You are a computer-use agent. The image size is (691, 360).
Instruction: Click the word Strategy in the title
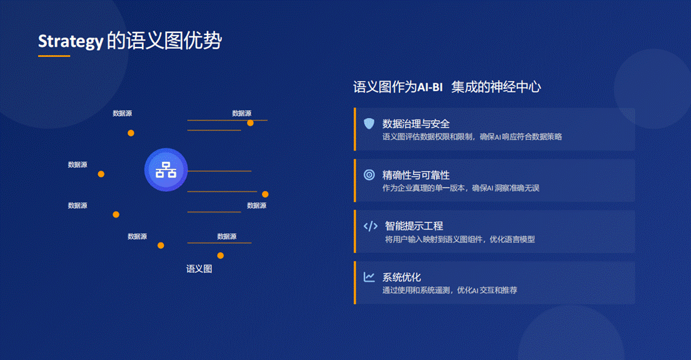[71, 41]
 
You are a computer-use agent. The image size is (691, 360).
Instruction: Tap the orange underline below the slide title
[54, 56]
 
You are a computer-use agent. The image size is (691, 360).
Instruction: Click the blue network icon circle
[166, 169]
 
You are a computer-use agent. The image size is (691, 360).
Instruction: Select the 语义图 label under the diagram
[199, 269]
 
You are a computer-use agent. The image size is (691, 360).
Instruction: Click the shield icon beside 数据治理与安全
[369, 123]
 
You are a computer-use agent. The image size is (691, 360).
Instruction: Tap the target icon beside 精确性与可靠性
[370, 175]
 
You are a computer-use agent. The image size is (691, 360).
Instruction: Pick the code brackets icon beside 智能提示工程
[370, 226]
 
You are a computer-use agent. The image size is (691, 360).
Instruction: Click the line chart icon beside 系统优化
[370, 277]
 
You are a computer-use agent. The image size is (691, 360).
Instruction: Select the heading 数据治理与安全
[416, 124]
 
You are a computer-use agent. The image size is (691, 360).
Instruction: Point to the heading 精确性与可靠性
[416, 175]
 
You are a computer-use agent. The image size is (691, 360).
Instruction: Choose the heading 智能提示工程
[414, 226]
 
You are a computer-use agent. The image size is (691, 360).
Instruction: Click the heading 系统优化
[401, 277]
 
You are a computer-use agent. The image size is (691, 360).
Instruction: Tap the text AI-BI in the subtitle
[430, 87]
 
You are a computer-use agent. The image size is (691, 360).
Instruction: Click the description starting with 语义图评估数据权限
[472, 137]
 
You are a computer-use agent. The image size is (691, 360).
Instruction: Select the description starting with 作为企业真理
[460, 188]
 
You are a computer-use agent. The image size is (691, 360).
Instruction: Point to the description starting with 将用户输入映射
[460, 239]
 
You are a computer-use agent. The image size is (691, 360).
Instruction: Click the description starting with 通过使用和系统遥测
[450, 291]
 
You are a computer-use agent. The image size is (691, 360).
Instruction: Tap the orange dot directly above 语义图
[220, 256]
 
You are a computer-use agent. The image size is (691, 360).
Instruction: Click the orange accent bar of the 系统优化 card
[355, 283]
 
